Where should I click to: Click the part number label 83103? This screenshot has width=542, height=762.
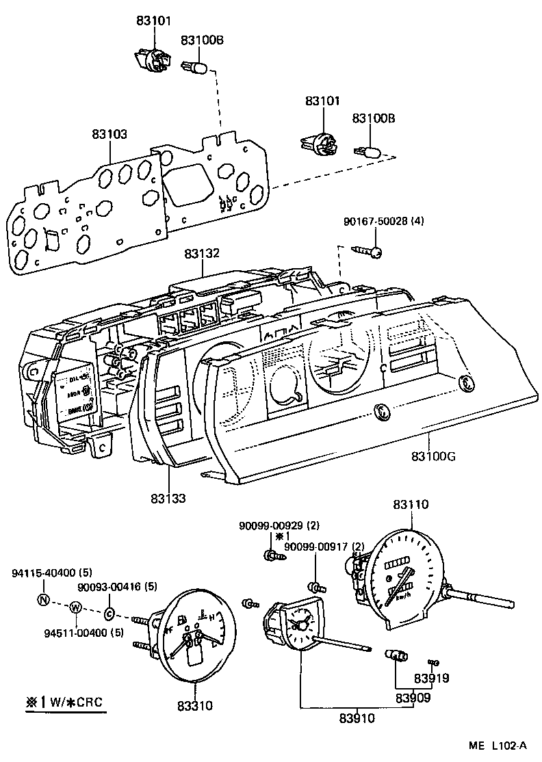tap(110, 135)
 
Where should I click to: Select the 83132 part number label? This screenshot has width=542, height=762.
tap(202, 254)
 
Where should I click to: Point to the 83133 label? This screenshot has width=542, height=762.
tap(169, 498)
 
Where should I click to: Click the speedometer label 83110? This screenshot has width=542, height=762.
tap(411, 504)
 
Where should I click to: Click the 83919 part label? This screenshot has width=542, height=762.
tap(432, 679)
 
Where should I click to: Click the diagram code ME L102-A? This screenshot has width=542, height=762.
tap(498, 746)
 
